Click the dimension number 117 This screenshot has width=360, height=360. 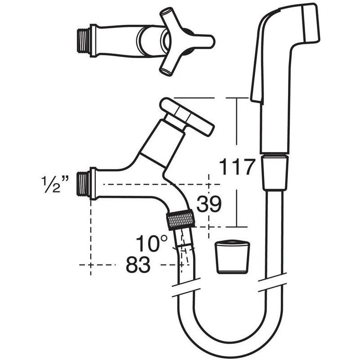[237, 166]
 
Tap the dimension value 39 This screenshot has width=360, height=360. [209, 204]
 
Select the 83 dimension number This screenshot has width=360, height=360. [138, 265]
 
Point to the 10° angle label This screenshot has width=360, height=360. [152, 243]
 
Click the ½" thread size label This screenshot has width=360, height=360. [55, 184]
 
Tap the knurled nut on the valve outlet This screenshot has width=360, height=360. [181, 220]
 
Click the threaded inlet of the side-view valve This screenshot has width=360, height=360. [83, 184]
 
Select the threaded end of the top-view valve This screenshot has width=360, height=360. [83, 40]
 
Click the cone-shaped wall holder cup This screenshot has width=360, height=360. [232, 257]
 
